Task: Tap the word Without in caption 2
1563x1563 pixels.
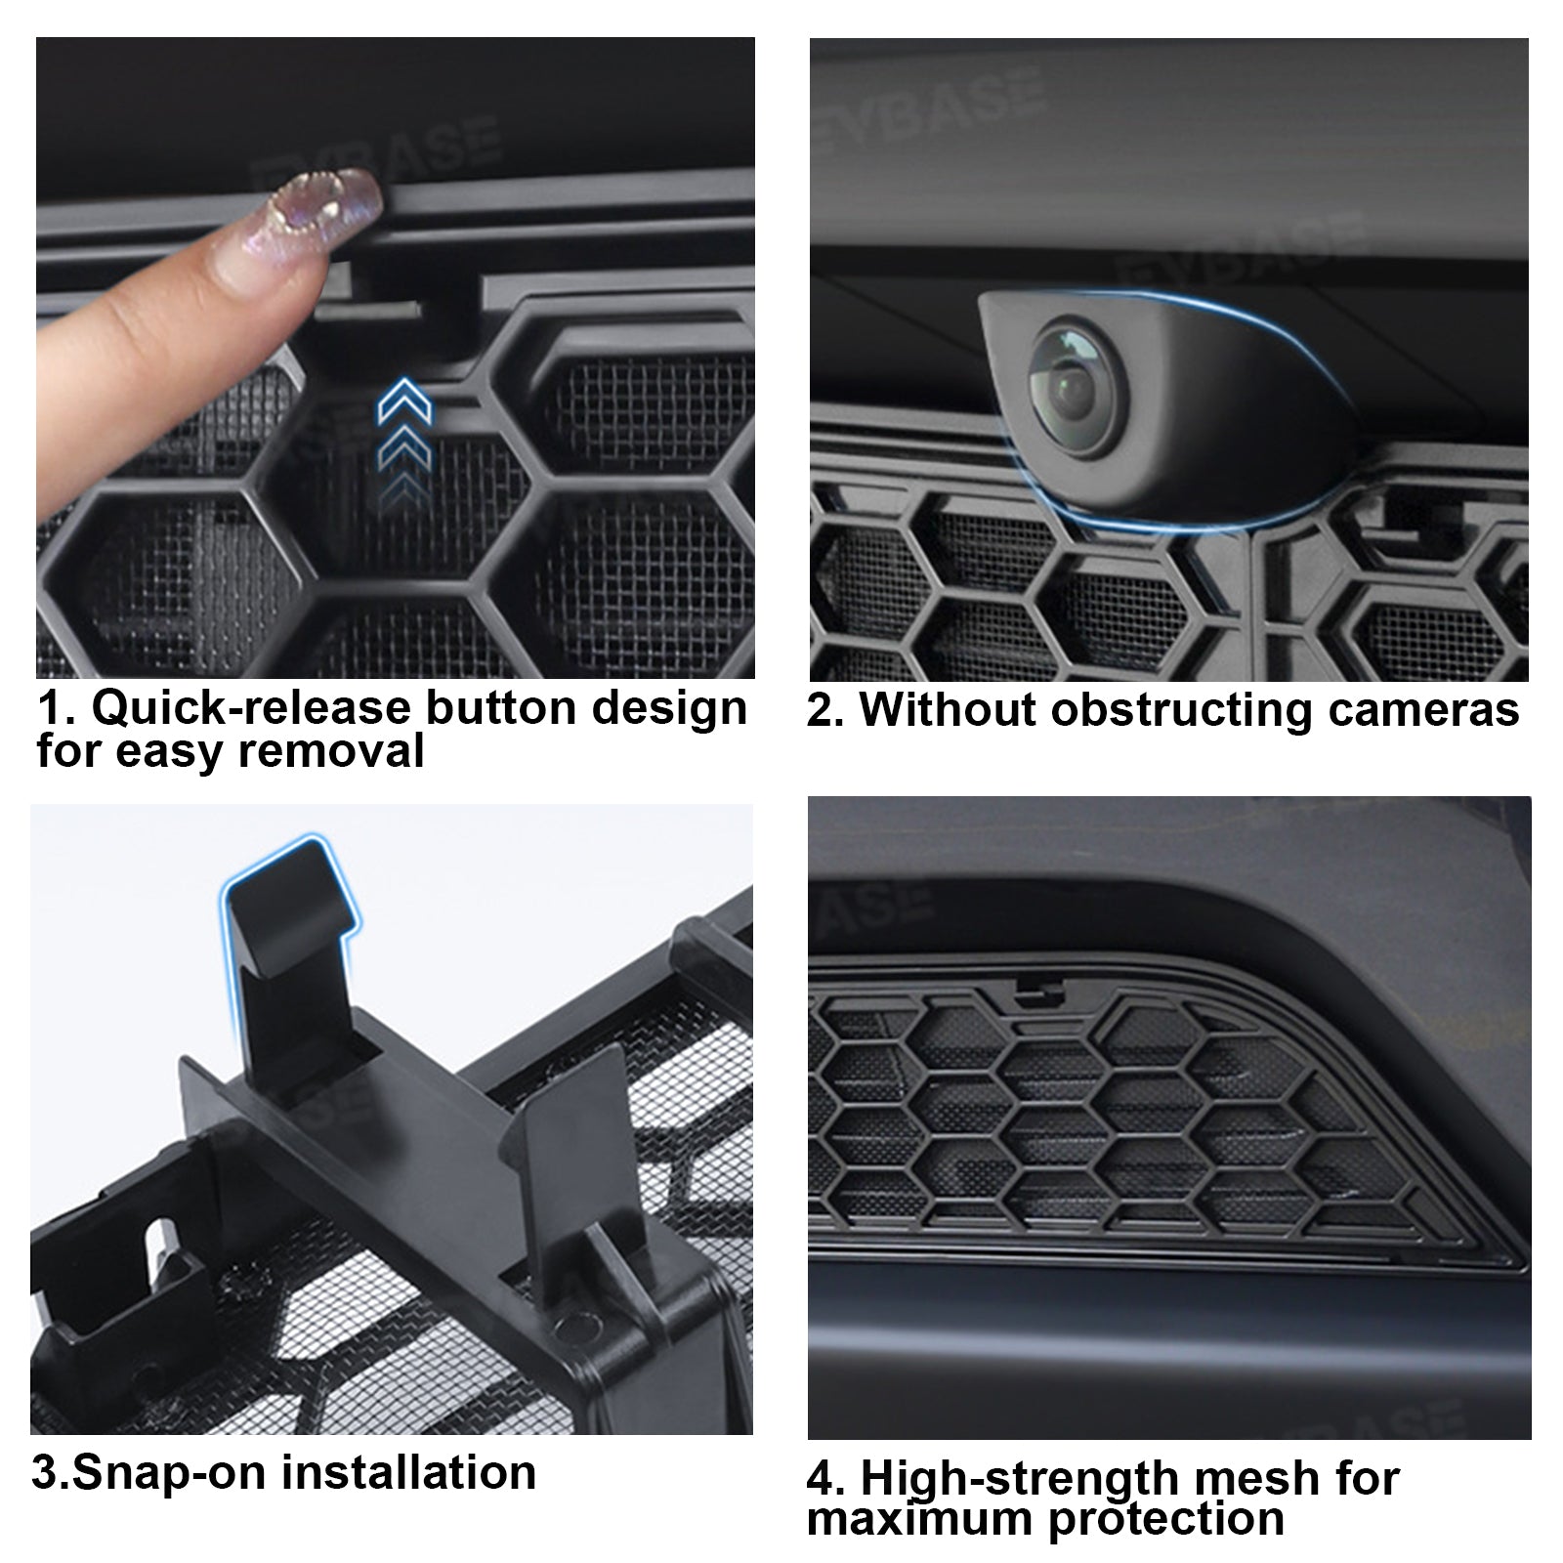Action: tap(948, 710)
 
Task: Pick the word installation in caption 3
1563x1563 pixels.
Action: tap(408, 1472)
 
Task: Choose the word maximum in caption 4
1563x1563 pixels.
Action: tap(920, 1519)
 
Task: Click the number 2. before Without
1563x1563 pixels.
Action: tap(825, 710)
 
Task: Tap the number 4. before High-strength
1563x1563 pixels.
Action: tap(825, 1478)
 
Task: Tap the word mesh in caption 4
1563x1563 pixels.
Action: tap(1272, 1478)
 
